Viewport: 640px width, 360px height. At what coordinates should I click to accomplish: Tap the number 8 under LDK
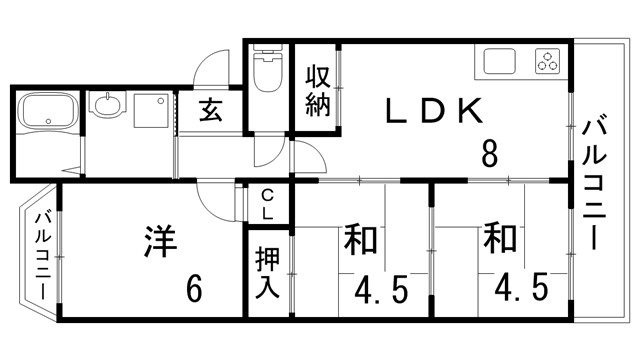pyautogui.click(x=489, y=155)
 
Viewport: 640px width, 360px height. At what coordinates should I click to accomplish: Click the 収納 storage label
pyautogui.click(x=318, y=91)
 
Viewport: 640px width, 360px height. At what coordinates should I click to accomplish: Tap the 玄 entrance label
pyautogui.click(x=210, y=110)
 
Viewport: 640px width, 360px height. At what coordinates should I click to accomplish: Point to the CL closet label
pyautogui.click(x=268, y=204)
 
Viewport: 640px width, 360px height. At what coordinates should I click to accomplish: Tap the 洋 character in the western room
pyautogui.click(x=160, y=242)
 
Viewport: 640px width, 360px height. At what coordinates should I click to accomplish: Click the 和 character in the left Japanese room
pyautogui.click(x=360, y=241)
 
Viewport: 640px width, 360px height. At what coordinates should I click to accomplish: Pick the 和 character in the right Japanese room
pyautogui.click(x=499, y=240)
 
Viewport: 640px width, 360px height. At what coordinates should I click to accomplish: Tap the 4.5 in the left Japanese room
pyautogui.click(x=382, y=290)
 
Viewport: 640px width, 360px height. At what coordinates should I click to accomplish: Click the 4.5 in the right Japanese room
pyautogui.click(x=520, y=290)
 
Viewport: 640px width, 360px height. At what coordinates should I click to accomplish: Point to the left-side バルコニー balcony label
pyautogui.click(x=42, y=254)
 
